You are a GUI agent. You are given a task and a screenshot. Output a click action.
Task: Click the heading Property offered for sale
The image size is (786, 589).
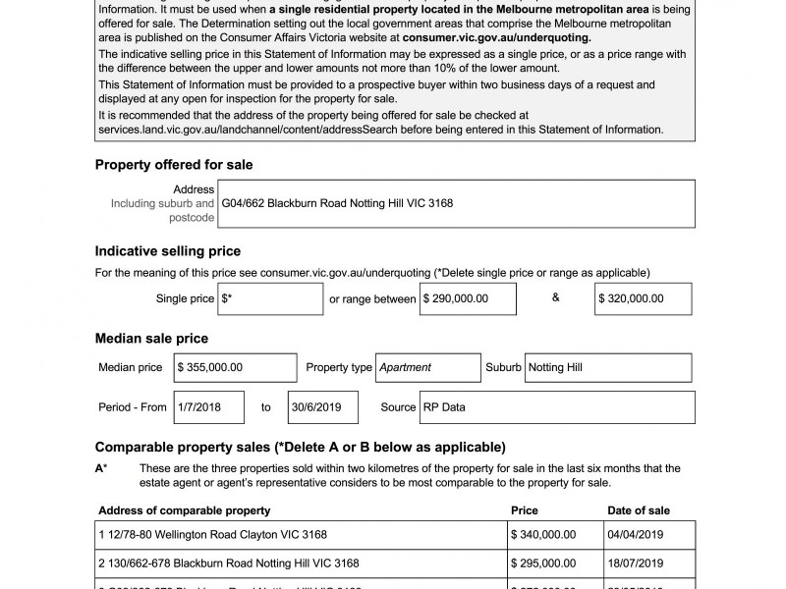pyautogui.click(x=174, y=165)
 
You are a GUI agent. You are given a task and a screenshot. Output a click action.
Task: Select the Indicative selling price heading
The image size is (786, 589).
pyautogui.click(x=168, y=251)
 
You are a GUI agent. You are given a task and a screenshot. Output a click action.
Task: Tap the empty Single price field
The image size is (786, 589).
pyautogui.click(x=271, y=298)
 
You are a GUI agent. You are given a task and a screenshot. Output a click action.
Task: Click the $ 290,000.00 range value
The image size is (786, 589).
pyautogui.click(x=469, y=298)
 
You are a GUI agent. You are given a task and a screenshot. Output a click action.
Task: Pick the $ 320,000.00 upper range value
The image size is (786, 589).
pyautogui.click(x=643, y=298)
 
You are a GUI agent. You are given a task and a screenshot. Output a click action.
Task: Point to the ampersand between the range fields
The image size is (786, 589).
pyautogui.click(x=556, y=297)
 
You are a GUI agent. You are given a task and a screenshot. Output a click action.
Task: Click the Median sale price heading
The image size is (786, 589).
pyautogui.click(x=151, y=339)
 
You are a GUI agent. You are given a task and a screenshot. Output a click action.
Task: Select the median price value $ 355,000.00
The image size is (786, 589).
pyautogui.click(x=235, y=367)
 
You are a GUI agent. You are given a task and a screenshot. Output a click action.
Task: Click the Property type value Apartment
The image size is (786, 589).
pyautogui.click(x=428, y=367)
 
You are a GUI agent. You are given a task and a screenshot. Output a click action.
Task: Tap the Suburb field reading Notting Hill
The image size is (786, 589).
pyautogui.click(x=609, y=367)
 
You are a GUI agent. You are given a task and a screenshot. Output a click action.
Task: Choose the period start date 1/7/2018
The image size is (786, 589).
pyautogui.click(x=208, y=406)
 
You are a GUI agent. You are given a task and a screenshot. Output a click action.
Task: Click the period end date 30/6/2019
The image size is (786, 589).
pyautogui.click(x=322, y=406)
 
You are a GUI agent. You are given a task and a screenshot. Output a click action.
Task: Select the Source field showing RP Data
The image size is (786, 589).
pyautogui.click(x=556, y=406)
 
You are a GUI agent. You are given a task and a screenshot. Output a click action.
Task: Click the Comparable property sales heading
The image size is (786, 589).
pyautogui.click(x=301, y=447)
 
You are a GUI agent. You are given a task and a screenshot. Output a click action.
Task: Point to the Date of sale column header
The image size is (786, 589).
pyautogui.click(x=639, y=510)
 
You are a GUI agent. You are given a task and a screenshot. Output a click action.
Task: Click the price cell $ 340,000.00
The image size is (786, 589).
pyautogui.click(x=543, y=535)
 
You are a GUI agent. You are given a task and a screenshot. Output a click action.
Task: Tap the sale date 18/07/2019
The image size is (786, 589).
pyautogui.click(x=636, y=563)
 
